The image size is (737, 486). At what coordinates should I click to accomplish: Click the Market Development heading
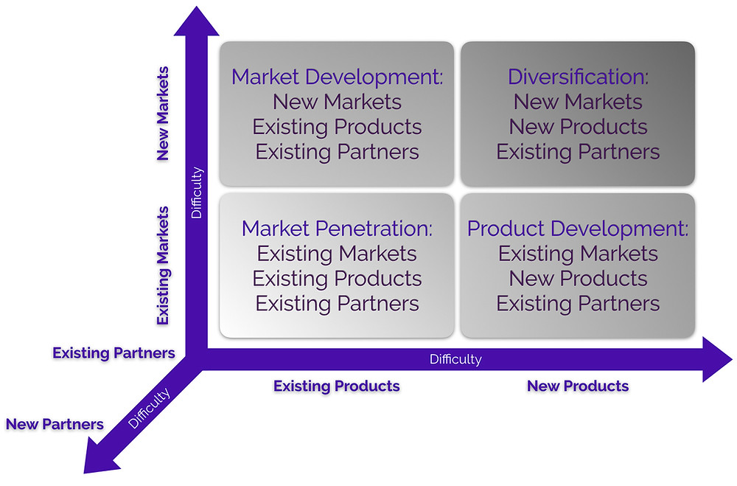(337, 77)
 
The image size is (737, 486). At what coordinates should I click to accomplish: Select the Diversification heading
(578, 77)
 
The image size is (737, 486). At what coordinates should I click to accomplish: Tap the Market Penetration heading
(337, 229)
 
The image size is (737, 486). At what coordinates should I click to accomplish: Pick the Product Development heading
(578, 229)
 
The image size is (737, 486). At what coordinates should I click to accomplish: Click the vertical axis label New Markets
(163, 114)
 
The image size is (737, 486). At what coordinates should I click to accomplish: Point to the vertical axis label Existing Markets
(163, 265)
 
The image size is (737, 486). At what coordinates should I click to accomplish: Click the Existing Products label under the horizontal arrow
(337, 386)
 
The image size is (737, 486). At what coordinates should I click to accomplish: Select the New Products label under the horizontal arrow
(578, 386)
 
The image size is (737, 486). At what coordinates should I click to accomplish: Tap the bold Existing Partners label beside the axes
(113, 353)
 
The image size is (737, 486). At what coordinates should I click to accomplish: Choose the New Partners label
(55, 424)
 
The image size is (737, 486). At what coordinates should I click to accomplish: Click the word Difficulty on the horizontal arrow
(455, 359)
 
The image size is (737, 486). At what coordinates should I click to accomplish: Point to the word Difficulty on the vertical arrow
(197, 193)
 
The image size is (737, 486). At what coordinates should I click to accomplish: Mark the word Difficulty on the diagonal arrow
(149, 409)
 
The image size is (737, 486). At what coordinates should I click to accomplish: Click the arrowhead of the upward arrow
(197, 22)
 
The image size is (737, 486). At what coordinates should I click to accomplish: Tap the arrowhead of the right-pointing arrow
(717, 359)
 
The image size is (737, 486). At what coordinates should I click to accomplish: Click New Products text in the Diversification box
(578, 127)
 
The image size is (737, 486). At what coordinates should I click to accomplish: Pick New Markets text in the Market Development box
(337, 102)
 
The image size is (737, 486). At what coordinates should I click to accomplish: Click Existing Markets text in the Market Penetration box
(337, 254)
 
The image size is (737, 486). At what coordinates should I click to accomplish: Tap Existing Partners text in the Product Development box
(578, 303)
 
